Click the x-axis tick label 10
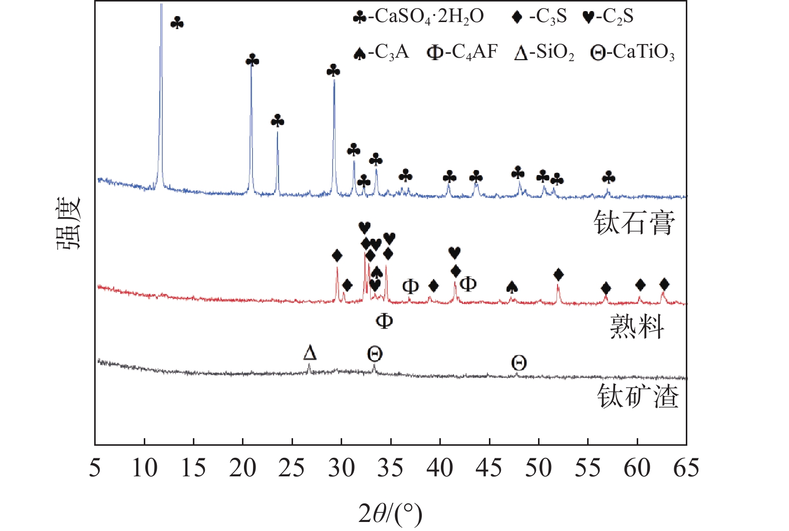(x=144, y=468)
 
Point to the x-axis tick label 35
(x=390, y=468)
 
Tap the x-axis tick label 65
(x=686, y=468)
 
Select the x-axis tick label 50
(x=538, y=468)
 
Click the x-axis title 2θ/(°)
(x=390, y=513)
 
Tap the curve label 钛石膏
(x=634, y=223)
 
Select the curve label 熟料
(x=637, y=327)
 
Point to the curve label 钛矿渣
(x=638, y=396)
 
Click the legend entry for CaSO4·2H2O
(x=418, y=17)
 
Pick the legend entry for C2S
(x=608, y=17)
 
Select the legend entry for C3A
(x=381, y=52)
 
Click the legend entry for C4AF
(x=462, y=52)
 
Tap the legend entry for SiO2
(x=544, y=52)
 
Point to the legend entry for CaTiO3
(x=633, y=52)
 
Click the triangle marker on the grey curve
(x=310, y=352)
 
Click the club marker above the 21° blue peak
(x=252, y=61)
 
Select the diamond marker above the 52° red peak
(x=559, y=274)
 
